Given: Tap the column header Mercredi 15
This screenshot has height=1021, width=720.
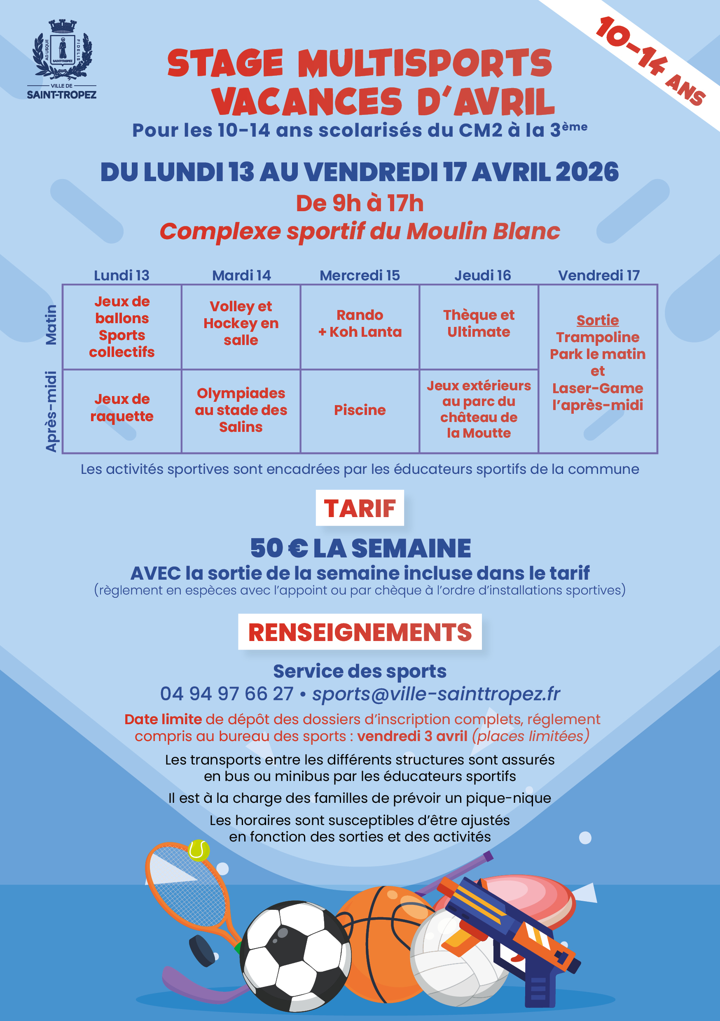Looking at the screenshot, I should (x=360, y=275).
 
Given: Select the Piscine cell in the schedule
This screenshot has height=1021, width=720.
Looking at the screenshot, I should (x=360, y=410).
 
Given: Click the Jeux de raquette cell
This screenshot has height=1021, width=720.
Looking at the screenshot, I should (x=122, y=407).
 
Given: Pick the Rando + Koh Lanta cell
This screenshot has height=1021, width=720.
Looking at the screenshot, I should (x=360, y=323).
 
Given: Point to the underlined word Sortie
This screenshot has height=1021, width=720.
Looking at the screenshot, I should (x=598, y=320).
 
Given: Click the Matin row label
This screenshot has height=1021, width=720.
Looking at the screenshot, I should (x=51, y=325).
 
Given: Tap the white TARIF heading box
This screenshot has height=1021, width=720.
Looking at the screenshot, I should (x=360, y=508).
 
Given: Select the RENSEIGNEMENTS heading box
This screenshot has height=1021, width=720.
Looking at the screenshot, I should (x=360, y=632).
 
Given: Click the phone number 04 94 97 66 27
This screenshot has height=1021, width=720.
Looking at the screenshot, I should (x=227, y=694).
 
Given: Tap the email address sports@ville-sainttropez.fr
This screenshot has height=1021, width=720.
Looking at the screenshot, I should (x=436, y=694).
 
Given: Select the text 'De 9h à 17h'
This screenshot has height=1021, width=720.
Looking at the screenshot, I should (x=360, y=203).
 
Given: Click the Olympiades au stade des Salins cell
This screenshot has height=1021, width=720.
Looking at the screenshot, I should (x=241, y=410).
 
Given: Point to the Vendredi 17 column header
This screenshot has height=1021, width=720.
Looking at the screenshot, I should (x=598, y=275).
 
